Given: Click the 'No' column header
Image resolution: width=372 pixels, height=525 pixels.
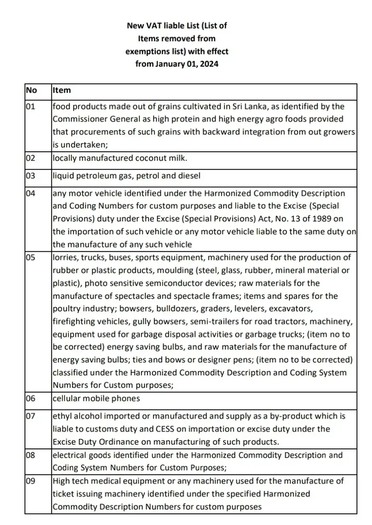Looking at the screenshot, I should pyautogui.click(x=32, y=91).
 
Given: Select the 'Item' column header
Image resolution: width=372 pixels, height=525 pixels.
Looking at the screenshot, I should pyautogui.click(x=62, y=91).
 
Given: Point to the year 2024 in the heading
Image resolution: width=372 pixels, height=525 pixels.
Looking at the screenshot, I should pyautogui.click(x=208, y=65).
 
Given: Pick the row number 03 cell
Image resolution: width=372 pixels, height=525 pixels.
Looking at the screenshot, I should pyautogui.click(x=31, y=176).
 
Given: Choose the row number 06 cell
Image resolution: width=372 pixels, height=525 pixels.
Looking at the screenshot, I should pyautogui.click(x=31, y=398).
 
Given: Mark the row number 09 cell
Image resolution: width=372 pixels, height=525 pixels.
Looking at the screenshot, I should pyautogui.click(x=31, y=481).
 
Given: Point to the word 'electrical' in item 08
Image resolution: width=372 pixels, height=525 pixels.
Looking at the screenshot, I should pyautogui.click(x=69, y=455).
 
